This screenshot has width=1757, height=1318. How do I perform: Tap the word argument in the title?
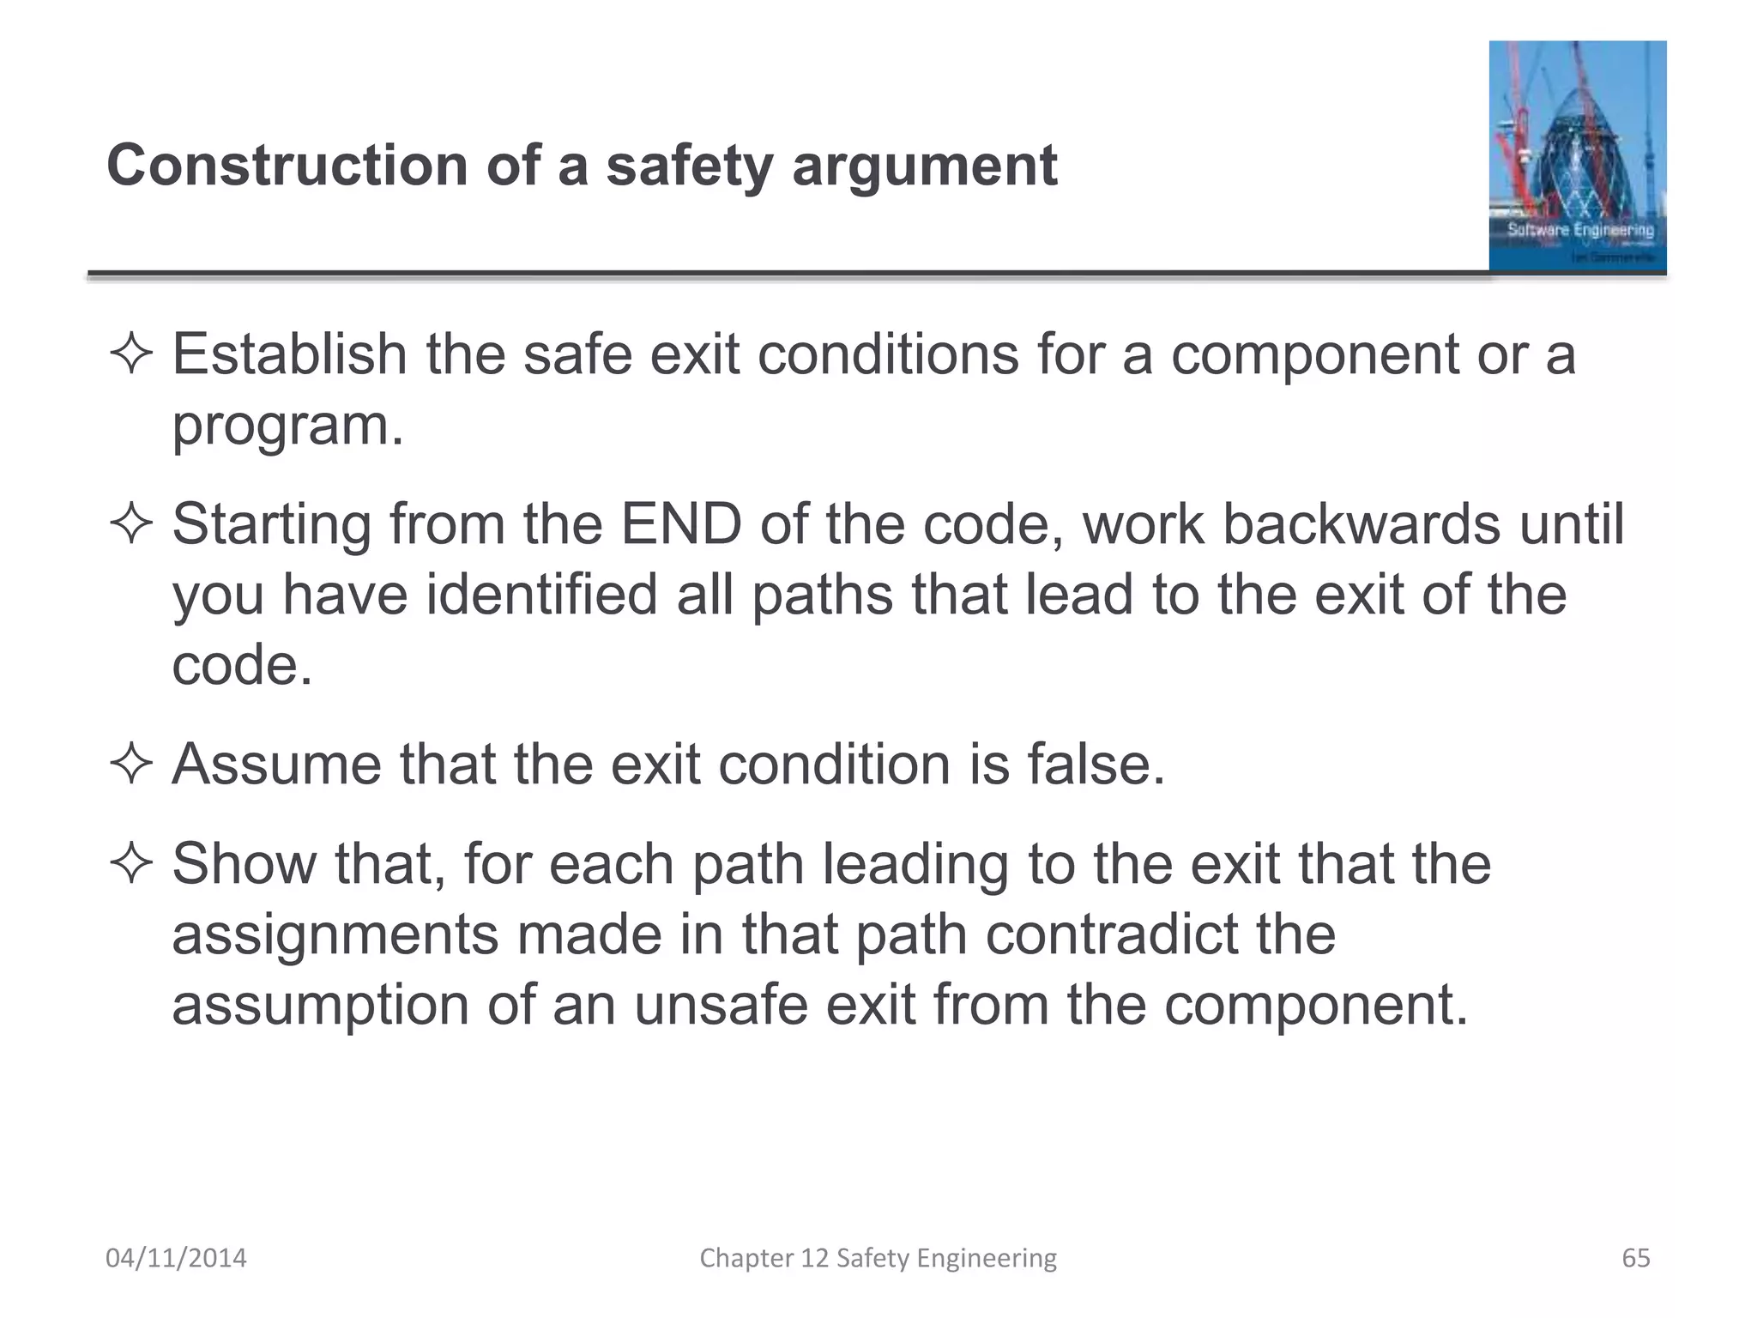coord(924,167)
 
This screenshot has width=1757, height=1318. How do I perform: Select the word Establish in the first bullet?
coord(289,354)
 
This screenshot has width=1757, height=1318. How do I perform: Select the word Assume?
coord(276,764)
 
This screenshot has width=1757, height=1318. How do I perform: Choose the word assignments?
coord(335,935)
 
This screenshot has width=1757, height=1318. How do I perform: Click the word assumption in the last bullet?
coord(320,1006)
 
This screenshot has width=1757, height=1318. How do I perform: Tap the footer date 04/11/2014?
coord(176,1258)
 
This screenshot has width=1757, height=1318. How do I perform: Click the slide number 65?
coord(1636,1258)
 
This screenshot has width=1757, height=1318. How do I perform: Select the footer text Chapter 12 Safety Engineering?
coord(878,1258)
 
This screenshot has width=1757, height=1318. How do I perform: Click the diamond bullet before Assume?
coord(130,764)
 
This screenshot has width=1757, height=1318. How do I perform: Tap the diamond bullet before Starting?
coord(130,523)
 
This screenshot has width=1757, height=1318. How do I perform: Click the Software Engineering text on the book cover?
coord(1580,230)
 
